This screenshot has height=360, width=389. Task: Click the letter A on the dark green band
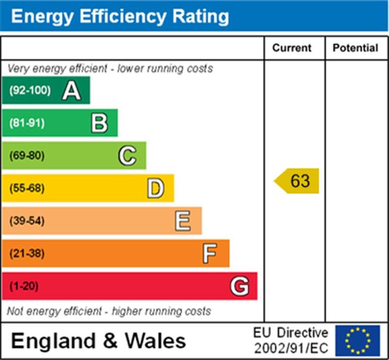coord(71,90)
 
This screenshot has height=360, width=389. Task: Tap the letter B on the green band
coord(99,123)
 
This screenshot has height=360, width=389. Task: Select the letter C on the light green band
coord(127,156)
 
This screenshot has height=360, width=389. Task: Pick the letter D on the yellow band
coord(155,188)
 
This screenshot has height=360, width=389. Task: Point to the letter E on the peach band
coord(183,221)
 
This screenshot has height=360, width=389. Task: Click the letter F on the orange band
coord(210,253)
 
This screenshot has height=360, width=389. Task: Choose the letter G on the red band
coord(239,286)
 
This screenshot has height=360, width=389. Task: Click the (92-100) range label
coord(30,90)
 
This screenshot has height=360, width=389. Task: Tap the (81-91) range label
coord(27,123)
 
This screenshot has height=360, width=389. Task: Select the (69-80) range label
coord(27,156)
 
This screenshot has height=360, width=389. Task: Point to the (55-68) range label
coord(27,188)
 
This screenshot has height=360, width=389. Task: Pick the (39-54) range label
coord(27,221)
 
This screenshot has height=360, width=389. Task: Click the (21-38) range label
coord(27,253)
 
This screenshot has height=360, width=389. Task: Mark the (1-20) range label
coord(24,286)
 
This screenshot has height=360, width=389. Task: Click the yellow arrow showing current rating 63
coord(297,181)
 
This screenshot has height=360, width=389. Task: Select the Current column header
coord(292,48)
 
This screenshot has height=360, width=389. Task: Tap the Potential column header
coord(355,48)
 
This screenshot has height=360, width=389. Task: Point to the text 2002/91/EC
coord(291,348)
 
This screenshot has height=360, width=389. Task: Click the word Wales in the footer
coord(156,341)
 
